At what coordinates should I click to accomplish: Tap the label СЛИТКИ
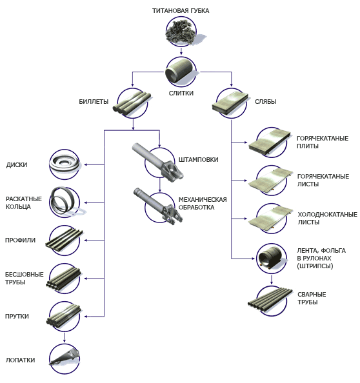pyautogui.click(x=181, y=93)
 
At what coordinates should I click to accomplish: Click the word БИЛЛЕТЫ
pyautogui.click(x=94, y=102)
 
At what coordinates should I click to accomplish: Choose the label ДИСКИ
pyautogui.click(x=17, y=165)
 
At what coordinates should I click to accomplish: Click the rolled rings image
pyautogui.click(x=66, y=202)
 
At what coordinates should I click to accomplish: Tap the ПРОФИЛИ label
pyautogui.click(x=20, y=241)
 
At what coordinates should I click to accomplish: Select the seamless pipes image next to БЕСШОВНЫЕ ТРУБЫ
pyautogui.click(x=64, y=279)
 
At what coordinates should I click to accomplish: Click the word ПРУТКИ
pyautogui.click(x=17, y=317)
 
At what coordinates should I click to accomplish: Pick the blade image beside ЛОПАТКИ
pyautogui.click(x=65, y=358)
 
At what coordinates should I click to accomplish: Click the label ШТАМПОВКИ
pyautogui.click(x=199, y=160)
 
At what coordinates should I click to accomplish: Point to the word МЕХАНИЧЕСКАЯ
pyautogui.click(x=203, y=200)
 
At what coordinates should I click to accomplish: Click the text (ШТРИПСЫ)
pyautogui.click(x=315, y=266)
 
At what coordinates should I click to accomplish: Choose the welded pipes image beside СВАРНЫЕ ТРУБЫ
pyautogui.click(x=270, y=301)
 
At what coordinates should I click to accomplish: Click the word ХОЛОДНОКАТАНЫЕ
pyautogui.click(x=328, y=215)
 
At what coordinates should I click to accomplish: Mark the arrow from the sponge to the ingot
pyautogui.click(x=181, y=51)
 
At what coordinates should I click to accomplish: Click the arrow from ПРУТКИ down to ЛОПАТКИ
pyautogui.click(x=65, y=337)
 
